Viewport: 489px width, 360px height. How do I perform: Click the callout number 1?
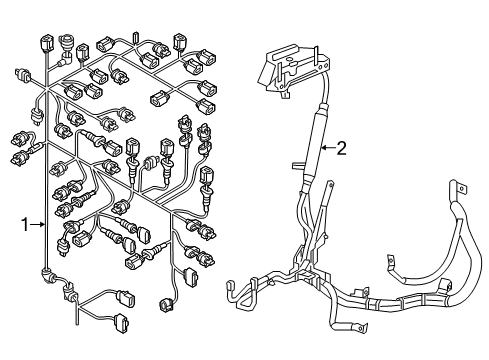[x=25, y=224]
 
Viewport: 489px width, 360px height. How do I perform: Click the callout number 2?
[x=341, y=148]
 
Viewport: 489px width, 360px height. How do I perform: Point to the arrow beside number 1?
[x=38, y=225]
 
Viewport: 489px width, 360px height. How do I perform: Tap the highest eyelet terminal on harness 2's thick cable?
[x=457, y=187]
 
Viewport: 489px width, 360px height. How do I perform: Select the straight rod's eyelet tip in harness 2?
[x=330, y=184]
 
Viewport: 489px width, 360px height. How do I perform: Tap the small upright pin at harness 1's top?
[x=135, y=37]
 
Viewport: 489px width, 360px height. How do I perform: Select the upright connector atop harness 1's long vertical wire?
[x=45, y=42]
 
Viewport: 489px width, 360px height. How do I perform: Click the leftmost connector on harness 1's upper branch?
[x=22, y=74]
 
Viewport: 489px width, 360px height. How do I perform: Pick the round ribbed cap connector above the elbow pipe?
[x=65, y=42]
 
